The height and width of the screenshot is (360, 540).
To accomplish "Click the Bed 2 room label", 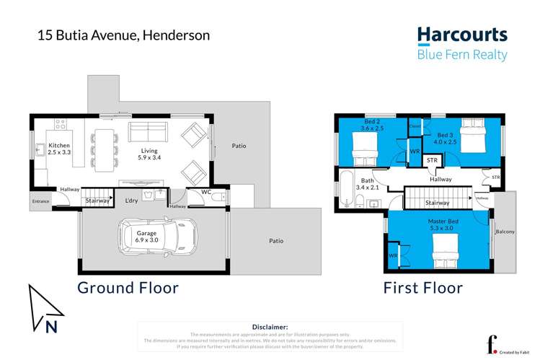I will [372, 125].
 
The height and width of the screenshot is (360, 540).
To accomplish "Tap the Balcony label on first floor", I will [505, 232].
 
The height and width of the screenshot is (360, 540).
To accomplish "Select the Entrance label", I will [41, 201].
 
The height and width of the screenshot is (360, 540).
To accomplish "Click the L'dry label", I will [131, 200].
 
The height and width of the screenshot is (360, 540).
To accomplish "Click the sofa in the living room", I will [148, 133].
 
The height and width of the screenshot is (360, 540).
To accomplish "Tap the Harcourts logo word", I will [462, 35].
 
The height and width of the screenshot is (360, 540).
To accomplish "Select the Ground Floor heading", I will [128, 288].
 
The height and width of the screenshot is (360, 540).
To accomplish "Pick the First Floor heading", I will [423, 288].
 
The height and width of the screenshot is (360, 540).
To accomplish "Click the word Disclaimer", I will [270, 327].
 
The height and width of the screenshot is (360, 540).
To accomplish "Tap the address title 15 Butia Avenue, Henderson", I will [124, 35].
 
